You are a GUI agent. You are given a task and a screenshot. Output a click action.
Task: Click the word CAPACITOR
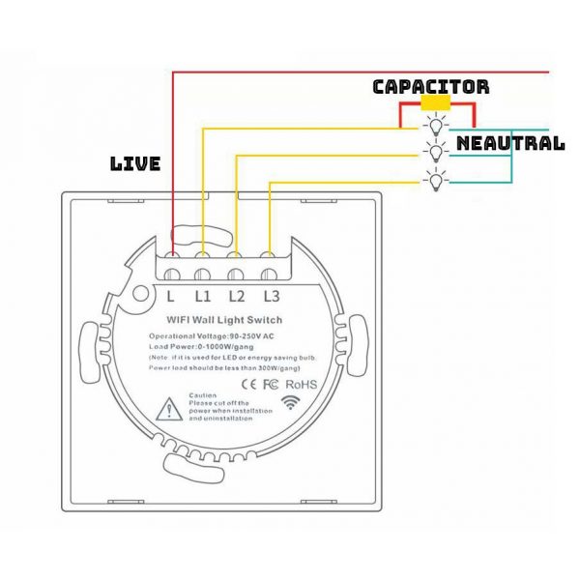tap(431, 87)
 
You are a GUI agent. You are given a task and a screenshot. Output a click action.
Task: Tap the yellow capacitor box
tap(435, 104)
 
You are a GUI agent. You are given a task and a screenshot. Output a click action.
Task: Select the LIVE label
tap(135, 164)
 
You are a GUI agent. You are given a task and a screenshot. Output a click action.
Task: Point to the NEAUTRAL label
tap(509, 143)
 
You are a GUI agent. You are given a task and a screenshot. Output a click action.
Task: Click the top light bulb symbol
tap(437, 125)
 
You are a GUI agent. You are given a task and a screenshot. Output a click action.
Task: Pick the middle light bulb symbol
tap(437, 151)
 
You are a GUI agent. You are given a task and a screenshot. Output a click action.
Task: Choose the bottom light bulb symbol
tap(437, 178)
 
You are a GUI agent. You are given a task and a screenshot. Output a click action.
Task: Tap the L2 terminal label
tap(237, 296)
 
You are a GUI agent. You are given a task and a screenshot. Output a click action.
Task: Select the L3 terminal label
tap(271, 296)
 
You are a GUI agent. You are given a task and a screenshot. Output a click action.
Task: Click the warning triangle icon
tap(171, 411)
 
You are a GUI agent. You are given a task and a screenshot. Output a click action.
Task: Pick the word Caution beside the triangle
tap(202, 396)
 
